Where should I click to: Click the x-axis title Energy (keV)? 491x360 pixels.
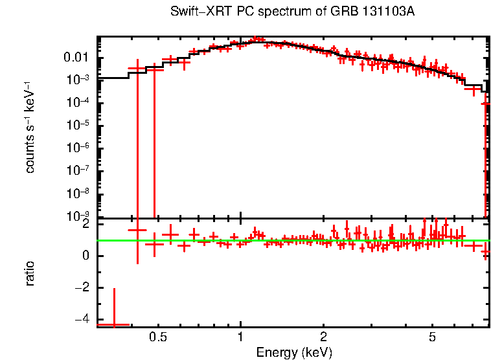(x=294, y=353)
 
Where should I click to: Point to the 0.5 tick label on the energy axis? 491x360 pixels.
(x=157, y=338)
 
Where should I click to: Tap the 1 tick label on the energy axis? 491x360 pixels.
(x=240, y=338)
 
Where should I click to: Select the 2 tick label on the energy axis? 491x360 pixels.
(x=323, y=338)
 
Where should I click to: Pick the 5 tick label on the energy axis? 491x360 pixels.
(x=432, y=338)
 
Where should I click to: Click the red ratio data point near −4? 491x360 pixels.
(x=114, y=324)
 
